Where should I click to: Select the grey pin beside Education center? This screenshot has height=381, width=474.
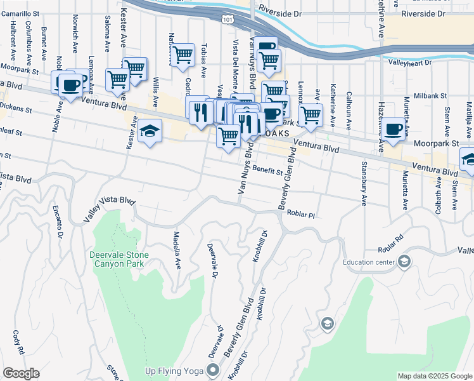[404, 262]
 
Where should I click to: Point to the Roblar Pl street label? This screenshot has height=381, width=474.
[300, 215]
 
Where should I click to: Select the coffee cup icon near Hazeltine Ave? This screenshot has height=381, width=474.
[393, 129]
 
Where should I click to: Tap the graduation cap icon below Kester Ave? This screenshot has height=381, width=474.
[149, 131]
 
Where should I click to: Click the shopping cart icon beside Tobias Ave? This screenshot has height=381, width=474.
[183, 56]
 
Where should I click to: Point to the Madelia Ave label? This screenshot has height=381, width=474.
[177, 250]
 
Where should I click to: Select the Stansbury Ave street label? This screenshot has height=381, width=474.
[364, 187]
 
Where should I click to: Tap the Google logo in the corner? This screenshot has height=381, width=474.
[20, 373]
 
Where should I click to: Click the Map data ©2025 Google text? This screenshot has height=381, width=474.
[434, 376]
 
